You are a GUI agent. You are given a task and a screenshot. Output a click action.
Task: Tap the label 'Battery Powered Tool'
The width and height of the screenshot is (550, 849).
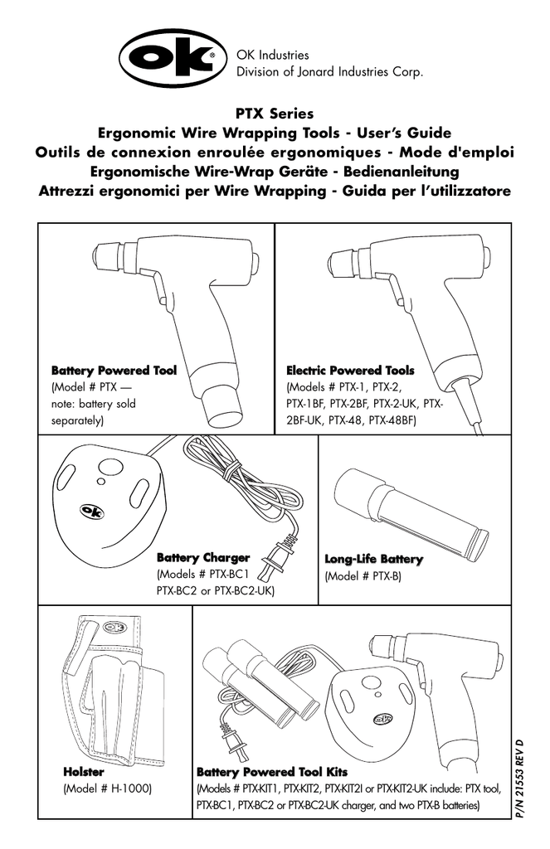114,371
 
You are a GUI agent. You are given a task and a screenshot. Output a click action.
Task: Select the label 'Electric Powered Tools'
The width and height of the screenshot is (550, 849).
349,371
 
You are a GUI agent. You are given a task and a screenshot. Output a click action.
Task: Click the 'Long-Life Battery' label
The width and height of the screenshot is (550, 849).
373,560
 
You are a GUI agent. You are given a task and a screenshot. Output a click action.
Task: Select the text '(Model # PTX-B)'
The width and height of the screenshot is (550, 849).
363,575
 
